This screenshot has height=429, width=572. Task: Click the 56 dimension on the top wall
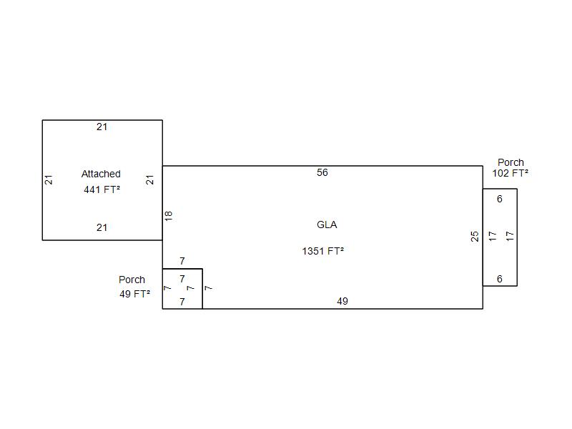pyautogui.click(x=322, y=172)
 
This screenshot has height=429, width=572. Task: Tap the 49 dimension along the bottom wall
pyautogui.click(x=342, y=301)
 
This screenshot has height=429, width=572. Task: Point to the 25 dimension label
pyautogui.click(x=475, y=237)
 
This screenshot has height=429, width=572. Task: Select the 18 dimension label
pyautogui.click(x=168, y=216)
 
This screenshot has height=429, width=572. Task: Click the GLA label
pyautogui.click(x=327, y=225)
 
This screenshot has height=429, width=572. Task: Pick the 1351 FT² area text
pyautogui.click(x=323, y=251)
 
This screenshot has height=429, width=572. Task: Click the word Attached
pyautogui.click(x=101, y=174)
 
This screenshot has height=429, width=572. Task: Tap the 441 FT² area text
pyautogui.click(x=102, y=189)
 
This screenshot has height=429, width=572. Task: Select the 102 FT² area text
pyautogui.click(x=510, y=173)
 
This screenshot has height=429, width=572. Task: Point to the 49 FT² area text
pyautogui.click(x=134, y=294)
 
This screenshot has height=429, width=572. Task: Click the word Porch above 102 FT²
pyautogui.click(x=511, y=162)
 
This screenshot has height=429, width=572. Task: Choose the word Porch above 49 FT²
pyautogui.click(x=132, y=280)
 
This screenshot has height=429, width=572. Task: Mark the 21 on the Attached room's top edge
pyautogui.click(x=102, y=127)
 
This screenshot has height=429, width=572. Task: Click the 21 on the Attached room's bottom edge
pyautogui.click(x=102, y=227)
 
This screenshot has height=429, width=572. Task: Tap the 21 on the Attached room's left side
pyautogui.click(x=49, y=180)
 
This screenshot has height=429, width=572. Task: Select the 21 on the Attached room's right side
pyautogui.click(x=150, y=180)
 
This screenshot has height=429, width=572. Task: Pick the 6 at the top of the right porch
pyautogui.click(x=499, y=199)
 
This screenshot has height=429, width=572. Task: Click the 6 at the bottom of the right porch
pyautogui.click(x=499, y=279)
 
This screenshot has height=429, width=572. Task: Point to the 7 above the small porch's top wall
pyautogui.click(x=182, y=261)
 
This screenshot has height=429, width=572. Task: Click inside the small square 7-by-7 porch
pyautogui.click(x=182, y=289)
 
